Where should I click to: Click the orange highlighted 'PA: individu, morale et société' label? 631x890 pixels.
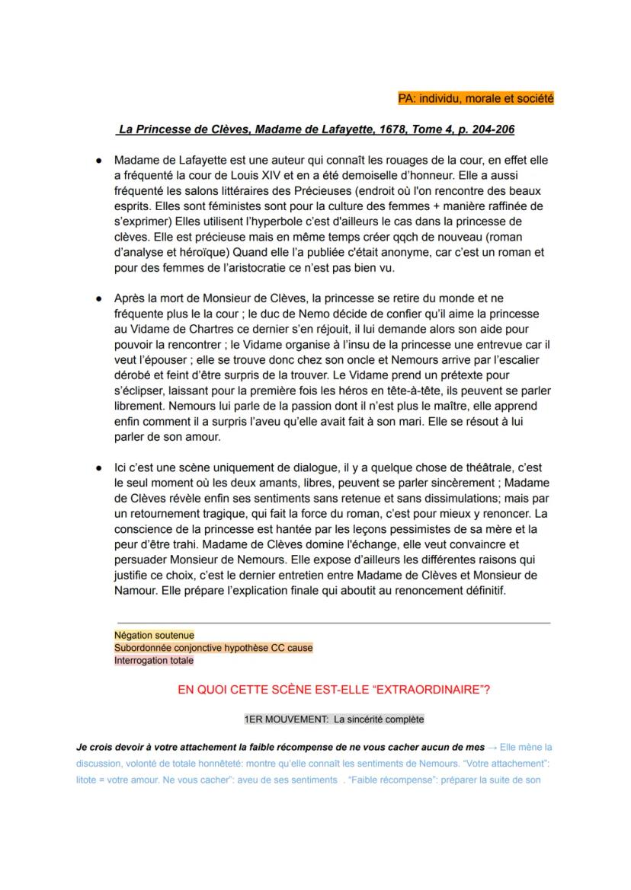coord(476,98)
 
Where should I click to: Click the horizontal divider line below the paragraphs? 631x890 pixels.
coord(333,622)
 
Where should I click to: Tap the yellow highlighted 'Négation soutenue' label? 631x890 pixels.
coord(154,635)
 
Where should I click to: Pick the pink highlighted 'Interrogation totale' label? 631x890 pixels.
coord(154,660)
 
